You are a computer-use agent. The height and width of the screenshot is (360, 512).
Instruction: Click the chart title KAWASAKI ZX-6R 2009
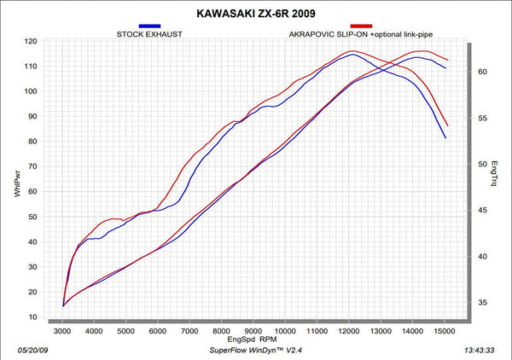[256, 14]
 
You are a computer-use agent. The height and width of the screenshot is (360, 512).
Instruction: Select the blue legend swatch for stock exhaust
[149, 26]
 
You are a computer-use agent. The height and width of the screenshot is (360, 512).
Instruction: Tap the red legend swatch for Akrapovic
[361, 26]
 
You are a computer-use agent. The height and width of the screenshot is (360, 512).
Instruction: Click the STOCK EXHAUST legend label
[149, 34]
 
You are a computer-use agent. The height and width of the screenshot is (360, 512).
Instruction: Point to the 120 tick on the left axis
[31, 41]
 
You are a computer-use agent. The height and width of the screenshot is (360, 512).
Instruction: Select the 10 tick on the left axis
[32, 316]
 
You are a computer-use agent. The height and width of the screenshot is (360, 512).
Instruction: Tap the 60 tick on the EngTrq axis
[483, 72]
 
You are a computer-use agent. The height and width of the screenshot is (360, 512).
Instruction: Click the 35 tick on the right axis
[483, 303]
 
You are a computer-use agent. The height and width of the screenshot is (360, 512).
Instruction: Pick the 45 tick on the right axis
[483, 210]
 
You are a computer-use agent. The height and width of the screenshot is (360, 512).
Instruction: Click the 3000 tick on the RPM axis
[62, 331]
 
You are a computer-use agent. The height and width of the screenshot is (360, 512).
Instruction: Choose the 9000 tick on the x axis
[253, 331]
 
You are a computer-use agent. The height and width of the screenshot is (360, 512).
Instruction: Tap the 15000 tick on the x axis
[445, 331]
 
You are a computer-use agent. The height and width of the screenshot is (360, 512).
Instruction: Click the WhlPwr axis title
[17, 183]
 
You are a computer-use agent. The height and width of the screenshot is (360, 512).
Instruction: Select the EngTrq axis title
[494, 173]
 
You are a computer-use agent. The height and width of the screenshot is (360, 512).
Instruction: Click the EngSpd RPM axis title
[252, 340]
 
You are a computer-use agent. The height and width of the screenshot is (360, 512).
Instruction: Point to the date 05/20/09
[32, 351]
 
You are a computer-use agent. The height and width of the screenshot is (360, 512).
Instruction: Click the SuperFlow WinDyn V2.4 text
[256, 351]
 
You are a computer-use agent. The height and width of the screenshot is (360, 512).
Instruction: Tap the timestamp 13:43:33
[479, 351]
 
